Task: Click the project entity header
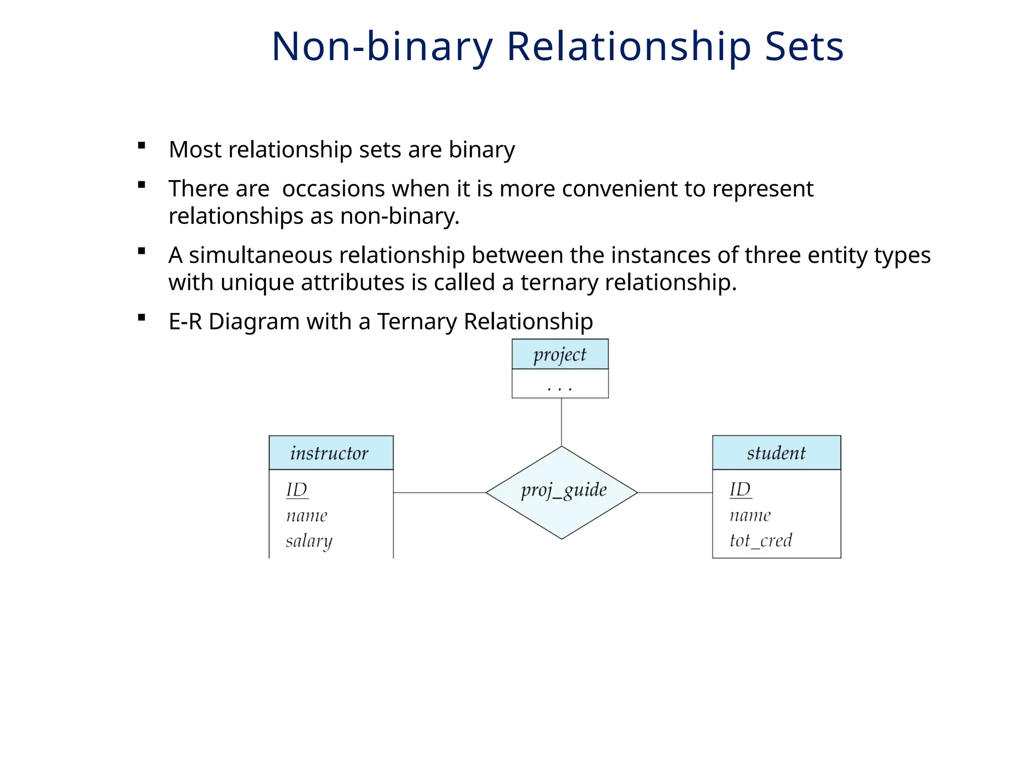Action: (x=560, y=354)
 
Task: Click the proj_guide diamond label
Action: (x=564, y=490)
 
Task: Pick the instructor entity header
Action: (x=330, y=453)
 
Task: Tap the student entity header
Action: (x=776, y=453)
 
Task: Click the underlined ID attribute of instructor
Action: (x=297, y=490)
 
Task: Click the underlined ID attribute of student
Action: (x=740, y=489)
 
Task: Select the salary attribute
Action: (x=309, y=541)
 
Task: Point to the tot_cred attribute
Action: (x=760, y=540)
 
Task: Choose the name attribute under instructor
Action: (x=307, y=516)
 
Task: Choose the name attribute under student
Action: (x=750, y=515)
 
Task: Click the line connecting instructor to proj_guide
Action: (x=439, y=493)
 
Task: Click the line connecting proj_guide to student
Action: (x=675, y=493)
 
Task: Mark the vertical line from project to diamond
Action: (x=562, y=422)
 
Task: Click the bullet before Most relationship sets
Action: (x=142, y=146)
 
